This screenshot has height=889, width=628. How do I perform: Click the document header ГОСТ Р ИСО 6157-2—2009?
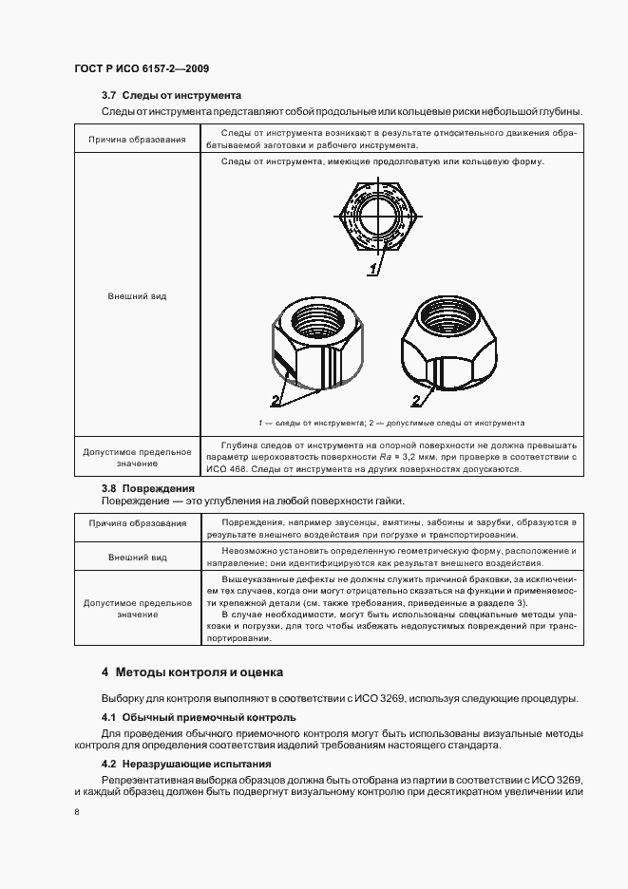point(142,68)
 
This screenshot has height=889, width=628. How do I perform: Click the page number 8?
point(78,812)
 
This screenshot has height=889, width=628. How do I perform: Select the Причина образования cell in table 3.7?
point(137,140)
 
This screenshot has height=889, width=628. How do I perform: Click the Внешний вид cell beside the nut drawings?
point(137,296)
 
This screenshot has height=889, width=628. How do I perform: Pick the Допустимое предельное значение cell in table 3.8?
point(137,609)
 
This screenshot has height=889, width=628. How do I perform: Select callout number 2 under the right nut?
point(415,400)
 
